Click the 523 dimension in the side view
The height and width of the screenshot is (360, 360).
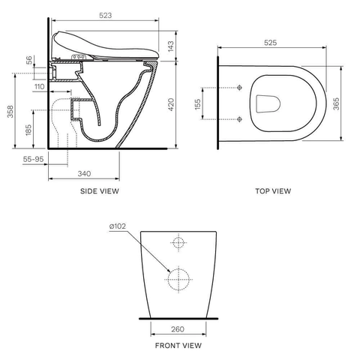[106, 16]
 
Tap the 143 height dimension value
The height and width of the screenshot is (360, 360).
[170, 46]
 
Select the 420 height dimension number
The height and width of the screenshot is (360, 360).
[171, 105]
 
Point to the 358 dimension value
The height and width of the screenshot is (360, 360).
[10, 112]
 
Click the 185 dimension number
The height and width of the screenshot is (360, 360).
[28, 130]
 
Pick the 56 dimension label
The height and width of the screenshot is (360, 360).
[29, 60]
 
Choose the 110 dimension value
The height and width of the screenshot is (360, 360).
[40, 87]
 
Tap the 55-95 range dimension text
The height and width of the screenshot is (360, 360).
[33, 159]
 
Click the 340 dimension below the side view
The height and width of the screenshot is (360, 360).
[84, 173]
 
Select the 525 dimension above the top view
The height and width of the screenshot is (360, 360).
[271, 43]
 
